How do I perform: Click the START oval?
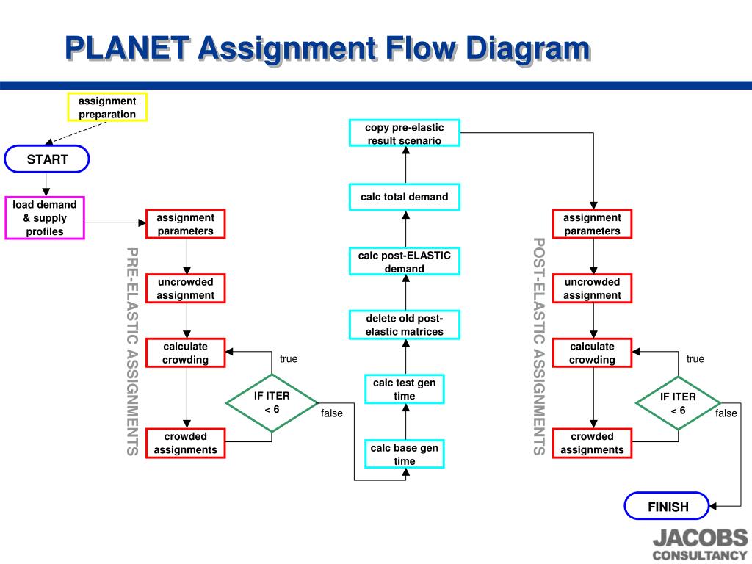47,159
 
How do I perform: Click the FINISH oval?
668,506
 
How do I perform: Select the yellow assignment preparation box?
107,107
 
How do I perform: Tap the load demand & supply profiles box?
45,218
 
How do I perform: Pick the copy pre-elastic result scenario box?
405,134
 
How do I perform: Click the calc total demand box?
405,197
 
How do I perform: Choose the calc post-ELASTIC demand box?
405,262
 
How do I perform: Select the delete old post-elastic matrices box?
405,325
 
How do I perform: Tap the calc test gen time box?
405,389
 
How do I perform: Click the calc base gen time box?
405,455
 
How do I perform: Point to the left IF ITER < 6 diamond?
272,402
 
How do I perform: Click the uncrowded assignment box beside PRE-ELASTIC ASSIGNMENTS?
186,289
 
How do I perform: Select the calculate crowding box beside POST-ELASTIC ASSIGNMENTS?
592,353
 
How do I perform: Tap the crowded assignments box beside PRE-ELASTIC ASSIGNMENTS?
186,443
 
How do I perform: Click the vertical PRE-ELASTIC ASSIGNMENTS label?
132,351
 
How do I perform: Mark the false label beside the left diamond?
332,413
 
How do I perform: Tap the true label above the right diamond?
695,359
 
